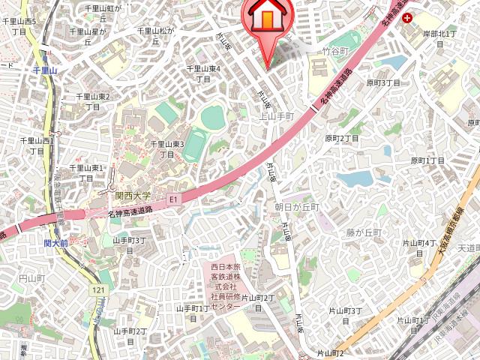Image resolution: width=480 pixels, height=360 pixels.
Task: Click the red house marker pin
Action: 267,19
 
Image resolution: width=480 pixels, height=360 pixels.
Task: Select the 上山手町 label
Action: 276,116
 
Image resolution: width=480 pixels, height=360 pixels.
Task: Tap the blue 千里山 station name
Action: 50,70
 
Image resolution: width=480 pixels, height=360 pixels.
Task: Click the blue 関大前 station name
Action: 56,244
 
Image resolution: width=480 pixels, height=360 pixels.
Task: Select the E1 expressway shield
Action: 173,199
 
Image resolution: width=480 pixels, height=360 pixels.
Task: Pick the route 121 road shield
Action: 97,289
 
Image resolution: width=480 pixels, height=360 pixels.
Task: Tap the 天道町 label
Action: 469,247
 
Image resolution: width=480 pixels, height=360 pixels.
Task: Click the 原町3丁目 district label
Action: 383,82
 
